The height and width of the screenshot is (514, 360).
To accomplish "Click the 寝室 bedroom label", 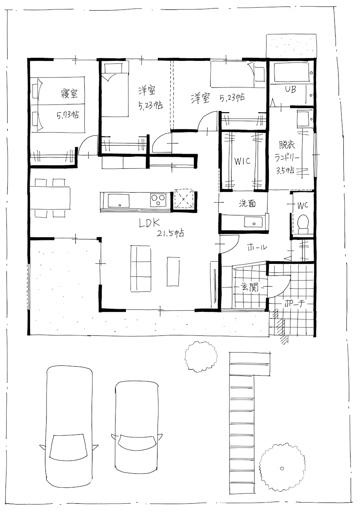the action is [x=69, y=93].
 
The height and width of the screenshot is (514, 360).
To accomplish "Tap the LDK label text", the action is [x=149, y=223].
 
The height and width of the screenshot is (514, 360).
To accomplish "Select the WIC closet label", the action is [x=242, y=161].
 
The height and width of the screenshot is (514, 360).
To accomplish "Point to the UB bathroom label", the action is [x=291, y=89].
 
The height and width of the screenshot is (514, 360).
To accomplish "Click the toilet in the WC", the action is [x=303, y=224].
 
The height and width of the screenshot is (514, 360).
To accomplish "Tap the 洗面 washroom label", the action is [x=247, y=203].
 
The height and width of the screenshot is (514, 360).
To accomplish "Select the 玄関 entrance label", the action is [x=250, y=287].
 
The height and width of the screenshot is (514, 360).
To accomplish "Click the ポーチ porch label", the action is [x=295, y=304].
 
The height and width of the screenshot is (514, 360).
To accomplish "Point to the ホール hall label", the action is [x=257, y=247].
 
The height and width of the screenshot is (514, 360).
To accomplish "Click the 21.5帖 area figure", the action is [x=170, y=233].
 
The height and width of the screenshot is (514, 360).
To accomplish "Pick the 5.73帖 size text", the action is [x=68, y=114].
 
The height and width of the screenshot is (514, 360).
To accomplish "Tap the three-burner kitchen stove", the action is [x=158, y=200].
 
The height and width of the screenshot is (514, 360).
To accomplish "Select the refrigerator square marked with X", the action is [x=184, y=199].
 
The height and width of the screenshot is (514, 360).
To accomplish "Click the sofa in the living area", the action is [x=141, y=268].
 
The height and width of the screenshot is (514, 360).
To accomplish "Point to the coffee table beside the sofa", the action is [x=173, y=271].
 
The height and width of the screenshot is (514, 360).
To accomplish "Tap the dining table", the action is [x=50, y=198].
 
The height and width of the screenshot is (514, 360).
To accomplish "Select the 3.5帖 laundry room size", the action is [x=285, y=171].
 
